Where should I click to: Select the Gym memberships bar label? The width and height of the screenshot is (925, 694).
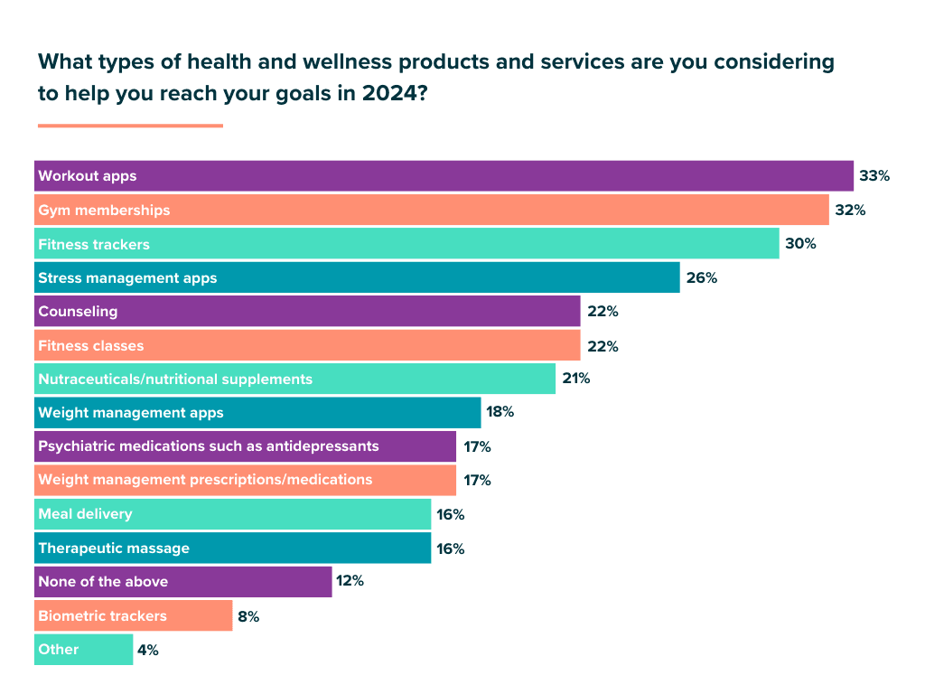pos(104,211)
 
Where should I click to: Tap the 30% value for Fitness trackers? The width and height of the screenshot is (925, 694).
pos(800,244)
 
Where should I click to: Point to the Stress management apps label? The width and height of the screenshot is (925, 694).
pos(127,278)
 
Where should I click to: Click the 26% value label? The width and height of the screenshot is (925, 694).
pos(701,278)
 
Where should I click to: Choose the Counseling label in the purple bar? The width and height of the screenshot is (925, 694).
pos(78,312)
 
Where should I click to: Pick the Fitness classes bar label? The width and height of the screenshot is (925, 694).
pos(90,346)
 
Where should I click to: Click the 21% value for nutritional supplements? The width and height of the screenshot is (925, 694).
pos(576,379)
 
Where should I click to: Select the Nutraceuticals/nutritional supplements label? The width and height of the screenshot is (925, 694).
pos(175,380)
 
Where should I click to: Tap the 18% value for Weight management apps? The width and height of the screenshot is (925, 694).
pos(500,412)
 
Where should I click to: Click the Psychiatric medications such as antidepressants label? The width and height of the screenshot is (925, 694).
pos(209,446)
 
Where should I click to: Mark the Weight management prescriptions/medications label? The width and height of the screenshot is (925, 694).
pos(205,480)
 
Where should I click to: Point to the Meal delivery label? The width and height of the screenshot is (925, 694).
pos(85,514)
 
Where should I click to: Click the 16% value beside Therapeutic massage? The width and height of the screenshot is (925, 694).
pos(451,549)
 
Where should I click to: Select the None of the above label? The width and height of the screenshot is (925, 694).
pos(103,582)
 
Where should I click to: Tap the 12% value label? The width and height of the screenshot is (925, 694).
pos(350,581)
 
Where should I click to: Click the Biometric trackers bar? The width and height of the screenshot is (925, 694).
pos(133,616)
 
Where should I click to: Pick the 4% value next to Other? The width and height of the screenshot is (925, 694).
pos(146,650)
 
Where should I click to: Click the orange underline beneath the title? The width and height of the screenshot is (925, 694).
pos(130,126)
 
